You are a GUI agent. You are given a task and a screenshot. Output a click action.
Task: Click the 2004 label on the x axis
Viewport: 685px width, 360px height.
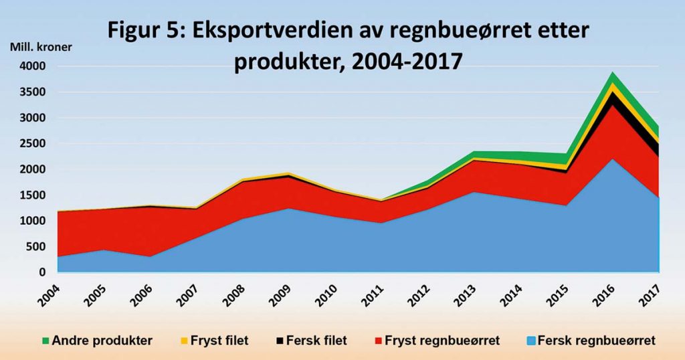click(48, 292)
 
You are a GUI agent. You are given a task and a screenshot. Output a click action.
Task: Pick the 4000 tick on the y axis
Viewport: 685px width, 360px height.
click(32, 66)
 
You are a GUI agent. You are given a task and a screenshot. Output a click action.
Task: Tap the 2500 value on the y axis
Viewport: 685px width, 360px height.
click(32, 144)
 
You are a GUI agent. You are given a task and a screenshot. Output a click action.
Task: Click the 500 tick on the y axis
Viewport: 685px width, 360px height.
click(36, 247)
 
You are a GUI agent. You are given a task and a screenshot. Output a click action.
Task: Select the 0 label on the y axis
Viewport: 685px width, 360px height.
click(41, 272)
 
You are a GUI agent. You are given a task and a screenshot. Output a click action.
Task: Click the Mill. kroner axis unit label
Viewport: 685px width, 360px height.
click(41, 48)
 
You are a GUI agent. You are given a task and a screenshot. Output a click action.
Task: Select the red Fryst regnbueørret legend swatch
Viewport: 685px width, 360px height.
click(378, 341)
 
